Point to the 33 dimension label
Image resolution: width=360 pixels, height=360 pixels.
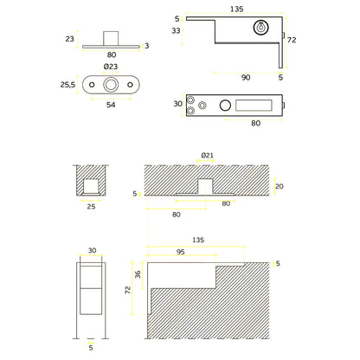tap(177, 31)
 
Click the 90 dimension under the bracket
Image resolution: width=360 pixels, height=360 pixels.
tap(246, 77)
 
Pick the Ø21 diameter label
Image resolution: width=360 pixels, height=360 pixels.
tap(207, 154)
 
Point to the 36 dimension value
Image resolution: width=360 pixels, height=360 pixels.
tap(138, 276)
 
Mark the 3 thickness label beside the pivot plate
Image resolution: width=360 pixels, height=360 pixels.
tap(146, 46)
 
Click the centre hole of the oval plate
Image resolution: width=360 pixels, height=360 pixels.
tap(110, 87)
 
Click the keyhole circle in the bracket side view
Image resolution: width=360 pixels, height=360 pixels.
tap(260, 29)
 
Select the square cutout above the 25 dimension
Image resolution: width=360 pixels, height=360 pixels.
tap(89, 185)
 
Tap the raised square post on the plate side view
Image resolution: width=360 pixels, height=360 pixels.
tap(110, 38)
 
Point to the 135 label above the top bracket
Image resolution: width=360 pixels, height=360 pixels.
tap(237, 9)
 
